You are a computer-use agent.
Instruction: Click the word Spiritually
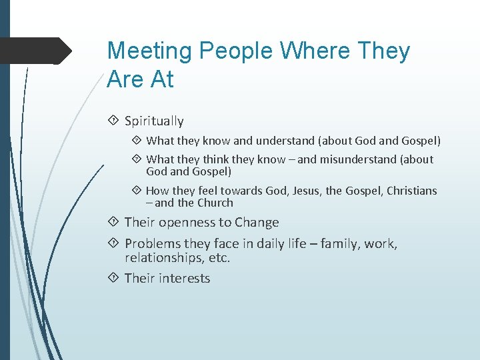tap(154, 121)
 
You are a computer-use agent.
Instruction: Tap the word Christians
tap(410, 191)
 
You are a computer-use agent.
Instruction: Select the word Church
tap(215, 203)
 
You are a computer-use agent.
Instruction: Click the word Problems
tap(153, 244)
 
